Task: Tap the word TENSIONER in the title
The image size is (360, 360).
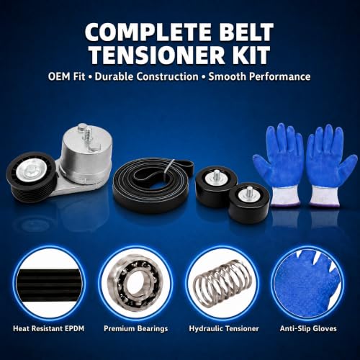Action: click(x=159, y=55)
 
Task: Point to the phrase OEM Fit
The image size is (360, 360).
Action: click(x=66, y=77)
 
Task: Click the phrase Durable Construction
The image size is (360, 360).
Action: click(x=147, y=77)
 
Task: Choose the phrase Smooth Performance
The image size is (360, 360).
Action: click(x=259, y=77)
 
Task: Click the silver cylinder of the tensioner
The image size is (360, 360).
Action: click(x=86, y=153)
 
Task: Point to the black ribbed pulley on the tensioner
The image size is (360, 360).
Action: click(x=31, y=178)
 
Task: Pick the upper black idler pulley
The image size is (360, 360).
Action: click(x=216, y=186)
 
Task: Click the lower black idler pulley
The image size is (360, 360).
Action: click(x=249, y=203)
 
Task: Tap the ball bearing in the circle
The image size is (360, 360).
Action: click(x=136, y=283)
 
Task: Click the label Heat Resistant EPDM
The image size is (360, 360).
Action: click(x=49, y=328)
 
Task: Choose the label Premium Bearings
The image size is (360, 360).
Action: click(x=136, y=329)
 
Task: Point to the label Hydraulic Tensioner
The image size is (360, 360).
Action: click(x=224, y=329)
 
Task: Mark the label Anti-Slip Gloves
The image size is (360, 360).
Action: click(x=308, y=328)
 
